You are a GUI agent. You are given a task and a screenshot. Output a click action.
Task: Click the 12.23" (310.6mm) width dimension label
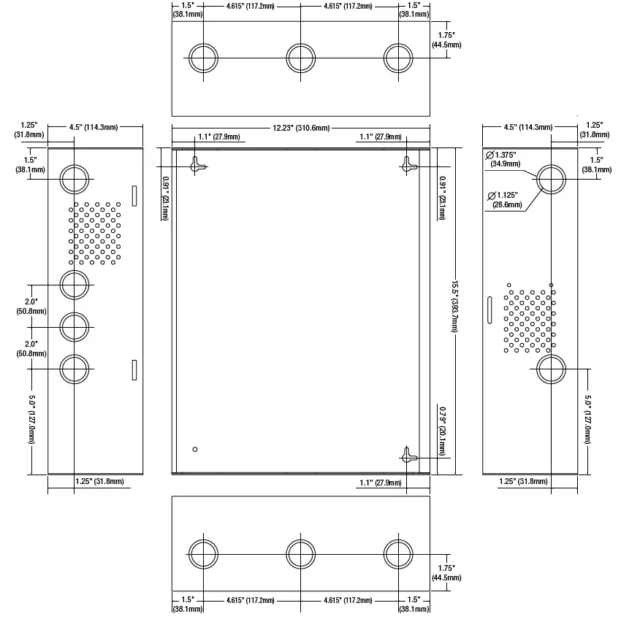click(x=301, y=128)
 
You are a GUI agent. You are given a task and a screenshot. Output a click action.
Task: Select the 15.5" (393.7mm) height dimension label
click(x=454, y=306)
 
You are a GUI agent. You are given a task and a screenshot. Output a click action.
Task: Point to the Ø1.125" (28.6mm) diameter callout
click(x=504, y=200)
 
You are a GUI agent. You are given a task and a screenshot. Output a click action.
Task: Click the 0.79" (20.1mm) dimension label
click(x=442, y=431)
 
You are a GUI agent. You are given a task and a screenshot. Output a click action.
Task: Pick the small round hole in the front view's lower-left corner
click(x=195, y=450)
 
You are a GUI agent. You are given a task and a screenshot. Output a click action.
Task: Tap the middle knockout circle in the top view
click(x=300, y=58)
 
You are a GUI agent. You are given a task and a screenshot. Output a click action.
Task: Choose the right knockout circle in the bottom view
click(x=398, y=554)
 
